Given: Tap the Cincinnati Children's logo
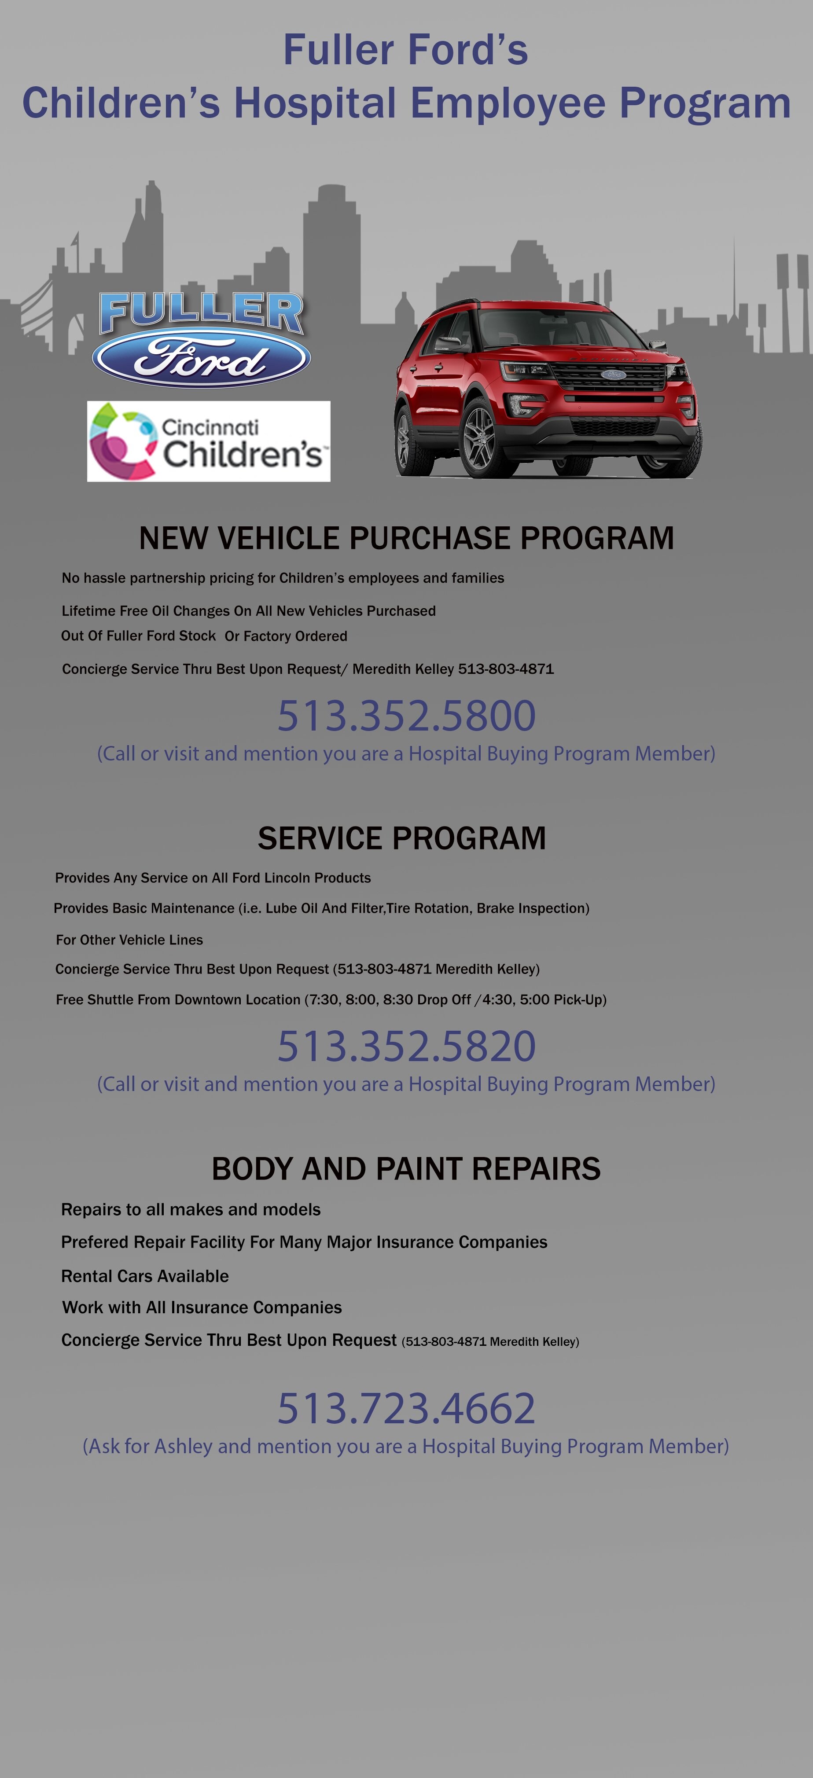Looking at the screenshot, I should [x=209, y=441].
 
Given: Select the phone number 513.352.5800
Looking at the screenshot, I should [x=407, y=715].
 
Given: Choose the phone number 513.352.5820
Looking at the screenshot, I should [x=407, y=1046].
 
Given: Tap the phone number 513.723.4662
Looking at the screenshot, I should [x=407, y=1408].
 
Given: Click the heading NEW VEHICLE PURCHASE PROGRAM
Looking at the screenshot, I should [x=407, y=538].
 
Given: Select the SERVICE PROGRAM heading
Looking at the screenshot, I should [x=402, y=838].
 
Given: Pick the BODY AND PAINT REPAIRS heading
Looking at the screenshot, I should [x=406, y=1168].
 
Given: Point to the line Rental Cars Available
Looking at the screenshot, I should [x=145, y=1276].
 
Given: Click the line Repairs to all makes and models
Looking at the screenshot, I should [x=191, y=1209].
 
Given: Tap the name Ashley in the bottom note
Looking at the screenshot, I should [x=183, y=1446].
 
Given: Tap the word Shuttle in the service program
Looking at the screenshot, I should [x=110, y=999].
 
